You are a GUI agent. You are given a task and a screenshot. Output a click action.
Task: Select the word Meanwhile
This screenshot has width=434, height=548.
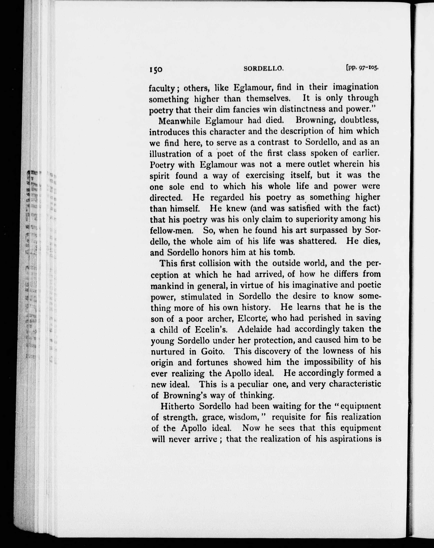coord(179,120)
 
